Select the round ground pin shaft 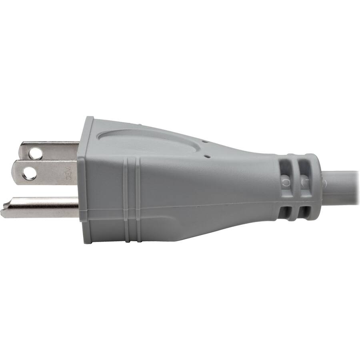[x=44, y=207]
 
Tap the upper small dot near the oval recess [x=204, y=141]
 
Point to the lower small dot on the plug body [x=208, y=156]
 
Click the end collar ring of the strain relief [x=316, y=188]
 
